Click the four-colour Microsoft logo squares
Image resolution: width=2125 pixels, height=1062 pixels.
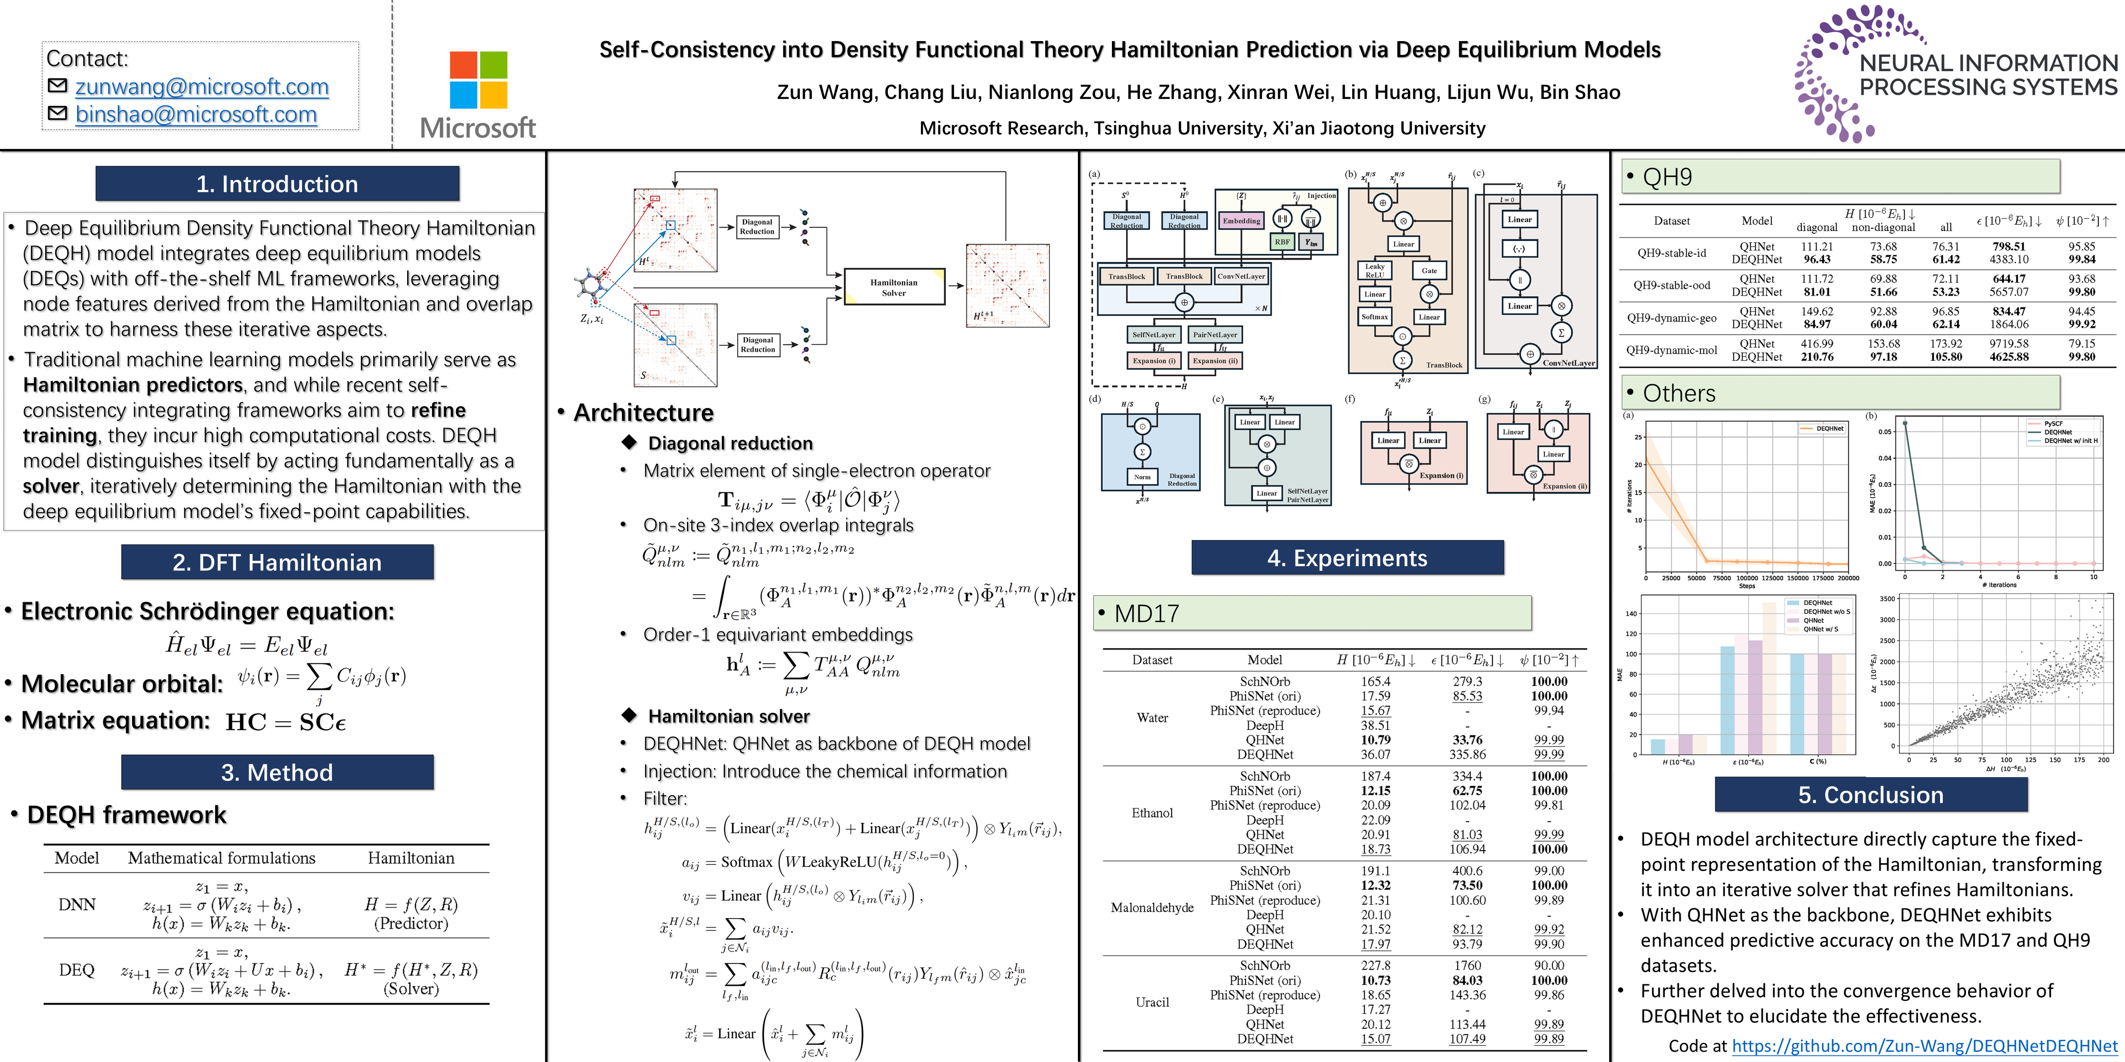[479, 80]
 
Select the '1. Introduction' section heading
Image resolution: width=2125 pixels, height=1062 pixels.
[277, 184]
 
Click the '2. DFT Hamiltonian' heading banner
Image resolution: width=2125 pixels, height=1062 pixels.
[277, 563]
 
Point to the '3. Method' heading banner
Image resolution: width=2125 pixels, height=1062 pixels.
[277, 772]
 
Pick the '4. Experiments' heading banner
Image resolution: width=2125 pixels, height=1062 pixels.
[1347, 558]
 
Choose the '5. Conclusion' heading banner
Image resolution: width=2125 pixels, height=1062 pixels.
[1870, 795]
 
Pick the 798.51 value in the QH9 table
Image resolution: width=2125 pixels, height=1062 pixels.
[2009, 246]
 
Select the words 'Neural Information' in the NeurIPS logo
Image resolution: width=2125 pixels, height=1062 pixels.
[1988, 63]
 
